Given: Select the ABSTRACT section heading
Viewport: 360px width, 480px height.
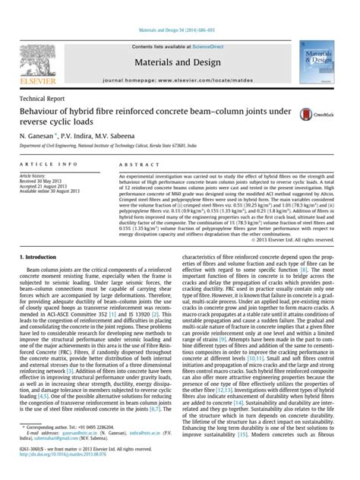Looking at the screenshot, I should pos(135,164).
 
